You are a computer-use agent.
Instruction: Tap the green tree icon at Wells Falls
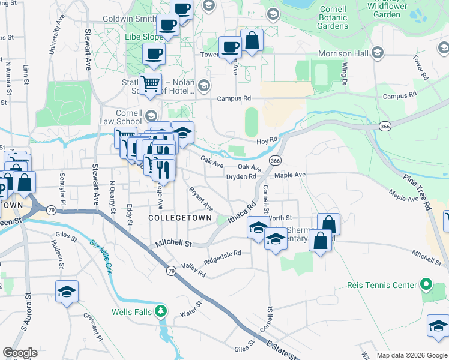(x=160, y=311)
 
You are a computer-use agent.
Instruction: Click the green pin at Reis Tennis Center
(x=426, y=284)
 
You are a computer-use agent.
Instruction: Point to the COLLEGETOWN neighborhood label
(x=180, y=218)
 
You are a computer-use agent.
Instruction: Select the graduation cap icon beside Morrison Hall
(x=377, y=53)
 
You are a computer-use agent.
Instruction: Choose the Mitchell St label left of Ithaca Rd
(x=173, y=244)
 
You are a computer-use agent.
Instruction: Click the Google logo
(x=20, y=353)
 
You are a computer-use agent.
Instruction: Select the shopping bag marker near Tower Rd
(x=252, y=41)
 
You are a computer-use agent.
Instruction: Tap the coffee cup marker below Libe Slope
(x=154, y=54)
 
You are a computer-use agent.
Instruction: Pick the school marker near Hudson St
(x=67, y=292)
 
